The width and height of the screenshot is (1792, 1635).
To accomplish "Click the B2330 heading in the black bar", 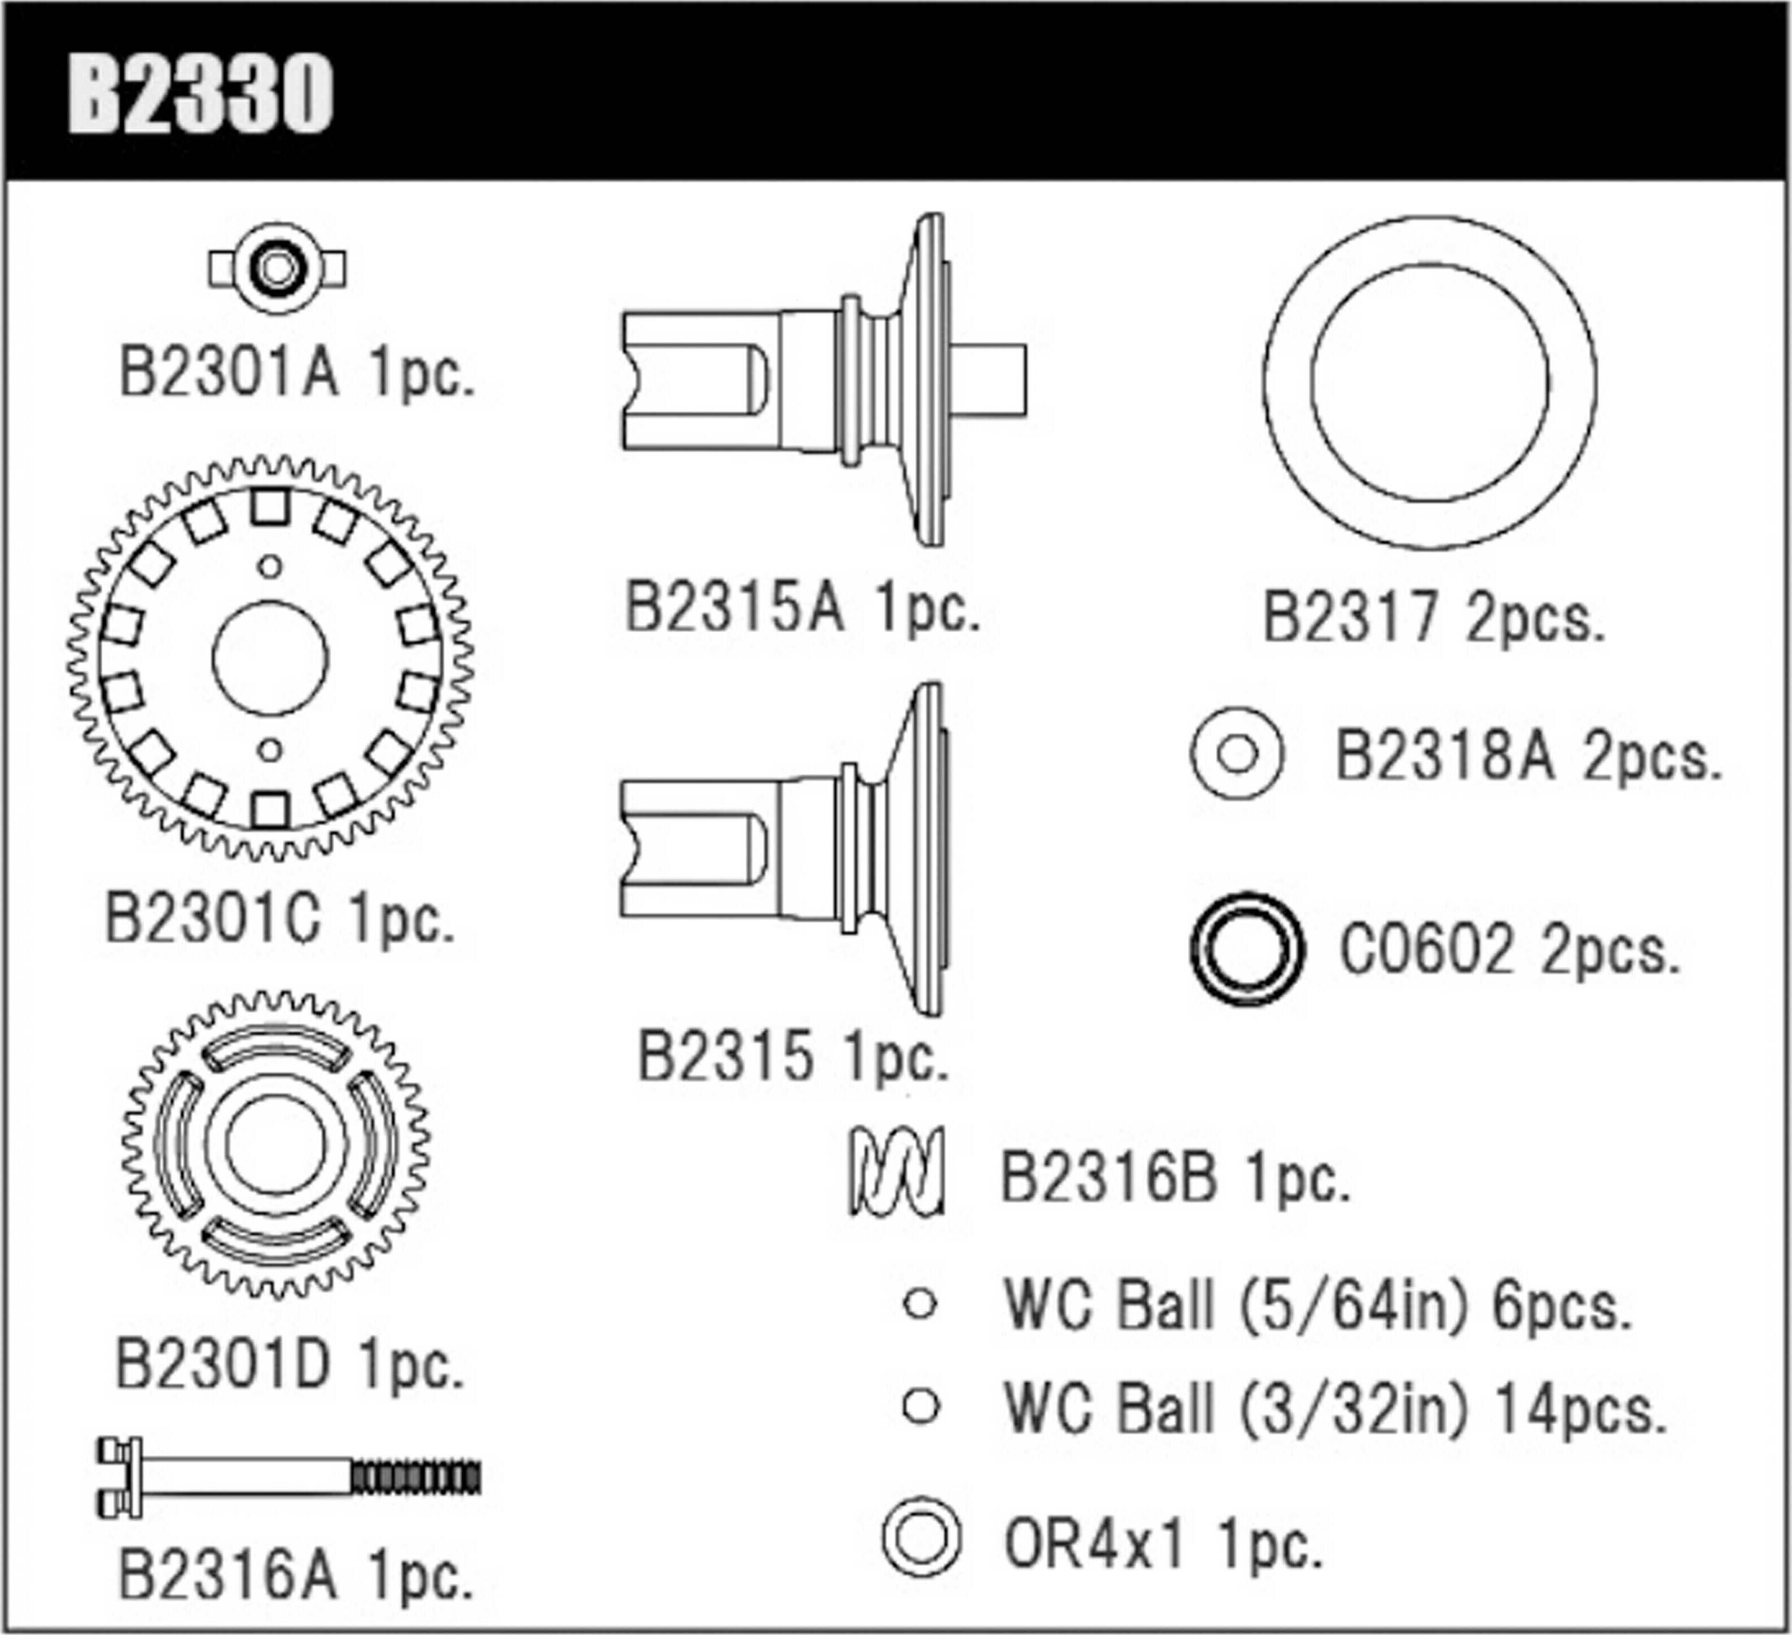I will pyautogui.click(x=200, y=93).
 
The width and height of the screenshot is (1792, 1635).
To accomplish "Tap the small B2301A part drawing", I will pyautogui.click(x=277, y=268).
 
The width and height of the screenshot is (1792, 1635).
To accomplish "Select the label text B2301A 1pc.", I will pyautogui.click(x=297, y=374).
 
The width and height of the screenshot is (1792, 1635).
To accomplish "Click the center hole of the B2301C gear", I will pyautogui.click(x=270, y=658).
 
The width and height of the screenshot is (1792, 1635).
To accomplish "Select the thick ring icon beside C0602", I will pyautogui.click(x=1247, y=949).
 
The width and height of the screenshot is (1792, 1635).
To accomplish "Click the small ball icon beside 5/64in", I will pyautogui.click(x=920, y=1304).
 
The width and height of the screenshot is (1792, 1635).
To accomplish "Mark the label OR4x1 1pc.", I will pyautogui.click(x=1163, y=1546).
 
